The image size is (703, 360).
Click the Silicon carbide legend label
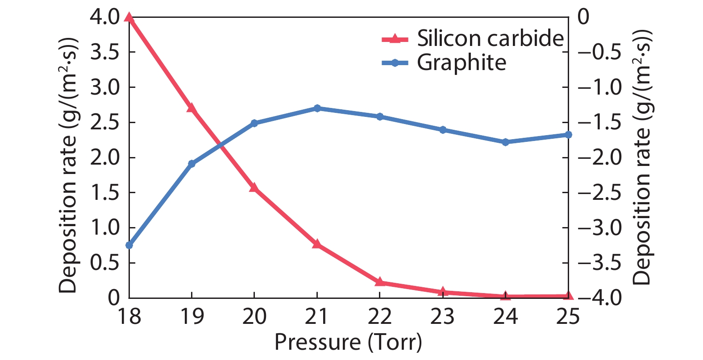490,38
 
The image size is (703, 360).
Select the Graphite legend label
462,62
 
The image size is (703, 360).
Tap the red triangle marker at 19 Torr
191,108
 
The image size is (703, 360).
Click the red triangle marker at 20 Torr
254,187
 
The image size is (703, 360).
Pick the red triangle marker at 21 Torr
317,244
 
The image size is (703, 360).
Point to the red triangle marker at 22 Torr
380,281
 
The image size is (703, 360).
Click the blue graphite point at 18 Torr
129,245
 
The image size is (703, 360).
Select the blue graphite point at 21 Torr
317,108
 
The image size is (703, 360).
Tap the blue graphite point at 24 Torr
505,142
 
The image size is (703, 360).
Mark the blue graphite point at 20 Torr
254,123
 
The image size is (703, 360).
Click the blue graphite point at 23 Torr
443,130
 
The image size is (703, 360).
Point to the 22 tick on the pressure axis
380,316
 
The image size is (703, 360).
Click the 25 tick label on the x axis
568,316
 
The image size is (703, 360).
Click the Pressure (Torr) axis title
348,342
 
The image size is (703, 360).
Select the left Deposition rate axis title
68,165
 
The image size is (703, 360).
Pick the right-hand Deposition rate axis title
642,158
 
